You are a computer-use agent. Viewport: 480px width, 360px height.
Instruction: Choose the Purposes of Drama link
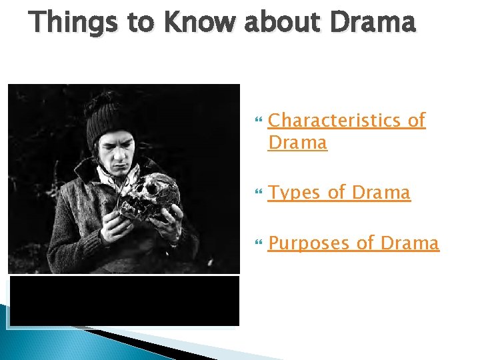tap(353, 243)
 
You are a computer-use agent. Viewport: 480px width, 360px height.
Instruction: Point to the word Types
tap(295, 193)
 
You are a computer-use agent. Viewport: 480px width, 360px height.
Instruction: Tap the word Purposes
tap(310, 243)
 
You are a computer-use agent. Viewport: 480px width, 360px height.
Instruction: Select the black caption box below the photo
tap(124, 301)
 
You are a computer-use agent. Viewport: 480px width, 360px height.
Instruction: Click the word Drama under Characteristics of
tap(297, 143)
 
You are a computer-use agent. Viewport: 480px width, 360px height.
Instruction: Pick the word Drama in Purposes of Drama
tap(410, 243)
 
